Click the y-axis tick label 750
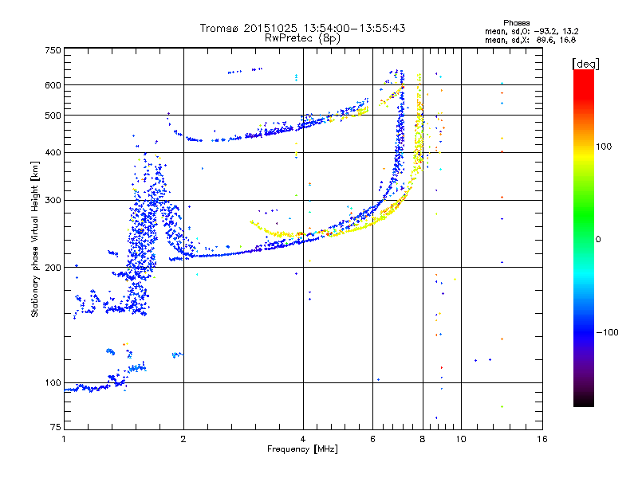pos(53,50)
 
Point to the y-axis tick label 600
pos(53,84)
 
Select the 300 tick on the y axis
pos(53,200)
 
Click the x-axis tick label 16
pos(542,439)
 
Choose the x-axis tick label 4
pos(302,439)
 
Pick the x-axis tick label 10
pos(460,439)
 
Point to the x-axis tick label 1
pos(64,439)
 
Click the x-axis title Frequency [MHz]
pos(302,450)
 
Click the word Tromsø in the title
pos(219,28)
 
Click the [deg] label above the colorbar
pos(585,63)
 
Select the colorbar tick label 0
pos(599,239)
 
